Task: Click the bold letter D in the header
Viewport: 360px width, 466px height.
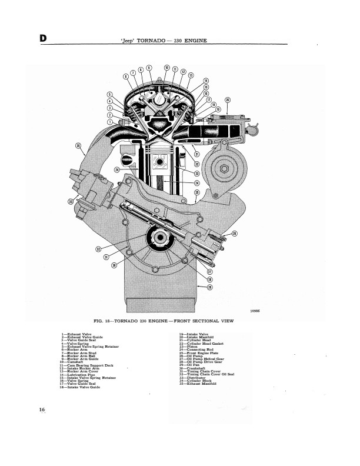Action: [x=43, y=38]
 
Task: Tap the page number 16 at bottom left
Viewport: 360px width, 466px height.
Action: [x=42, y=410]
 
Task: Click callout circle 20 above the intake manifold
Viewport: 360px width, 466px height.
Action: [x=228, y=100]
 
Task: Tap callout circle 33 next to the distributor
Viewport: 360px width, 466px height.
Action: [x=71, y=202]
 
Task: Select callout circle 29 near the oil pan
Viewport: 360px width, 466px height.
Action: [x=209, y=287]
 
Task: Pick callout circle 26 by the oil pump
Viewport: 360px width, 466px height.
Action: [x=235, y=234]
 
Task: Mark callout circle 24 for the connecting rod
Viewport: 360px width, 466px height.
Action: [x=197, y=183]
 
